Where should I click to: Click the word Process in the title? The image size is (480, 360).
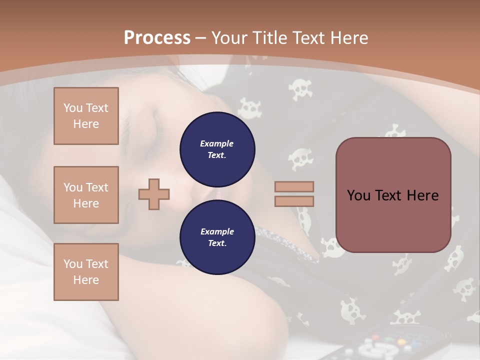(157, 38)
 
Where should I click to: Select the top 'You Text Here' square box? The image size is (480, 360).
(86, 116)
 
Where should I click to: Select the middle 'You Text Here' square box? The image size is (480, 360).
(86, 195)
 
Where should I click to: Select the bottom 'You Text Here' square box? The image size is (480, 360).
(86, 272)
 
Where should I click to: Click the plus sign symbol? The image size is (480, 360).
(154, 193)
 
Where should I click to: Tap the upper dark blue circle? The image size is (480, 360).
(217, 149)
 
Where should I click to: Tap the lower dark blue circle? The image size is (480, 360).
(217, 237)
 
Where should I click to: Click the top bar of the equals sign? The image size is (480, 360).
(294, 186)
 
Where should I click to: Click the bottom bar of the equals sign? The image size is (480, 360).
(294, 201)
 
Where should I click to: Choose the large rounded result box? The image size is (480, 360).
(393, 195)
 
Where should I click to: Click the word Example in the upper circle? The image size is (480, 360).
(217, 143)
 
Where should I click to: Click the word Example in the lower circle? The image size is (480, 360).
(217, 231)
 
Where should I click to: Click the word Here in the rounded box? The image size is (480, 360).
(422, 195)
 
